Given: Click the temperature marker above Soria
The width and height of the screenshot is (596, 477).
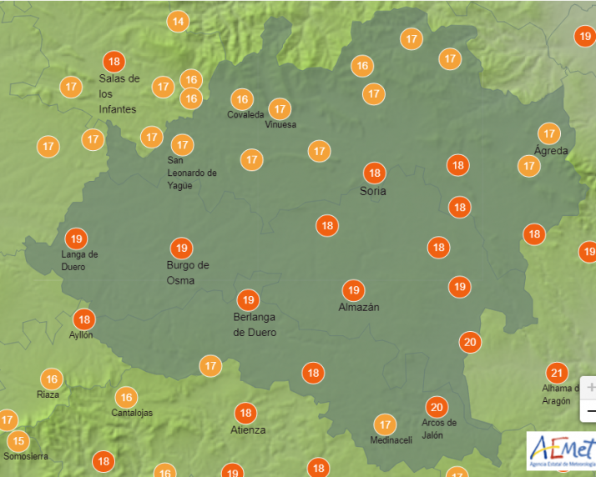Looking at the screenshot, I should point(374,173).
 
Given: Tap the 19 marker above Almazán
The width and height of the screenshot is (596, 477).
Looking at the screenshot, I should point(353,290).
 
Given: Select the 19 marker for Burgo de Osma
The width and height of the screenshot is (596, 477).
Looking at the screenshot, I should point(181,248).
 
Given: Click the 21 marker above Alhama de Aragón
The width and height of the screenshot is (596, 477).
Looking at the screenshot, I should point(557,373).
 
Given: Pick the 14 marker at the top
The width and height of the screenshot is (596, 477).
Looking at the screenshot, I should point(178,22).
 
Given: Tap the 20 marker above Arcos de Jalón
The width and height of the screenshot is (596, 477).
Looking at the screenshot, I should point(436,407).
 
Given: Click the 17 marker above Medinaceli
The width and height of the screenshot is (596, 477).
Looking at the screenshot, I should point(384,424).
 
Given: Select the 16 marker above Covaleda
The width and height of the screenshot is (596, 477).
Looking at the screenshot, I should point(241,98).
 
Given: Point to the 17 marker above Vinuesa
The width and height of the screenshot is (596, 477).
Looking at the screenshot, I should point(280,108).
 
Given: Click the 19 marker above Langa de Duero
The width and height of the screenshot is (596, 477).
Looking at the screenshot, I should point(77,238).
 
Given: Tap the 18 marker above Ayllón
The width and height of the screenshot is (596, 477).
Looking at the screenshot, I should point(83,319).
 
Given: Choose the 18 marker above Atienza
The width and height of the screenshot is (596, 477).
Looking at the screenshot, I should point(245,413).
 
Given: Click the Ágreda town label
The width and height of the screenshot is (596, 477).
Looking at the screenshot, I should point(551,151).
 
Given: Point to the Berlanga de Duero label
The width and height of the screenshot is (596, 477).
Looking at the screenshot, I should point(255,324).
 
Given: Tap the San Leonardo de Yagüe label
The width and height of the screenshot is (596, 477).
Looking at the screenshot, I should point(192,173).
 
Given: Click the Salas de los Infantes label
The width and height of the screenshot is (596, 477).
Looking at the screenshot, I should point(118,93).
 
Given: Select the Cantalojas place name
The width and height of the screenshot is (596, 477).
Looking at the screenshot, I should point(133,413).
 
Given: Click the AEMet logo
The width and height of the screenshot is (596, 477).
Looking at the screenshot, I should point(560,451).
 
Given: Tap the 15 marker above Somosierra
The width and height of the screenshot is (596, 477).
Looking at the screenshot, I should point(17,441).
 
